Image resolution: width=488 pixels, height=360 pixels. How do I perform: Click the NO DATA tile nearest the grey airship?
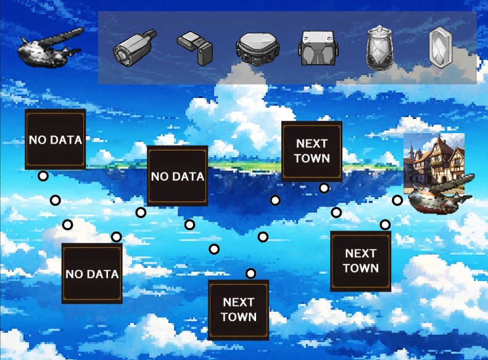(55, 140)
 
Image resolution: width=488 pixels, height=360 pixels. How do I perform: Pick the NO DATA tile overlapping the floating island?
(178, 176)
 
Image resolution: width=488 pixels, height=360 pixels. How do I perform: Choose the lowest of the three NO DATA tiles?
(92, 273)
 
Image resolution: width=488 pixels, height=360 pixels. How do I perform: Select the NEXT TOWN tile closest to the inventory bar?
(312, 151)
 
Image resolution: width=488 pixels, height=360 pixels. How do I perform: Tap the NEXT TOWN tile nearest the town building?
(360, 261)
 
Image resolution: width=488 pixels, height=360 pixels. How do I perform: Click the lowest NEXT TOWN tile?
(238, 309)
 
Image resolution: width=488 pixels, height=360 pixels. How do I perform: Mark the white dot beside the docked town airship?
(397, 200)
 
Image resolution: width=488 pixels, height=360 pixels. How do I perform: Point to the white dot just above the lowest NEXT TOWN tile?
(250, 274)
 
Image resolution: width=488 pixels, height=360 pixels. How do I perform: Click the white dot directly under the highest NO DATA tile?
(43, 176)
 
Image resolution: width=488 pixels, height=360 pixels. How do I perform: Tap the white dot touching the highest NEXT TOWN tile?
(324, 188)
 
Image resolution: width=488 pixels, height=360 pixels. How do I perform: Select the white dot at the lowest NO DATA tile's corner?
(116, 237)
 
